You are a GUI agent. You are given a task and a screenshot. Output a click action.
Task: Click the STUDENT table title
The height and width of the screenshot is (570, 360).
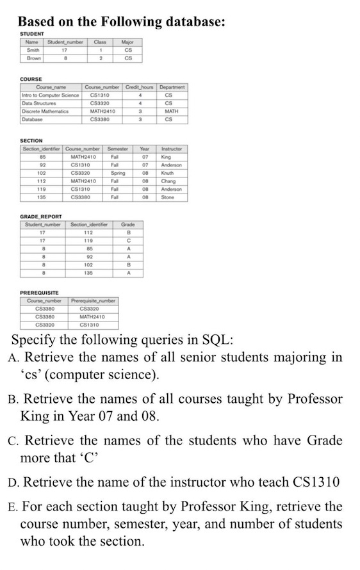[x=31, y=33]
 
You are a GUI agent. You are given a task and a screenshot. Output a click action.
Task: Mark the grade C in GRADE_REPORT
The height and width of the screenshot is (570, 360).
[x=128, y=241]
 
